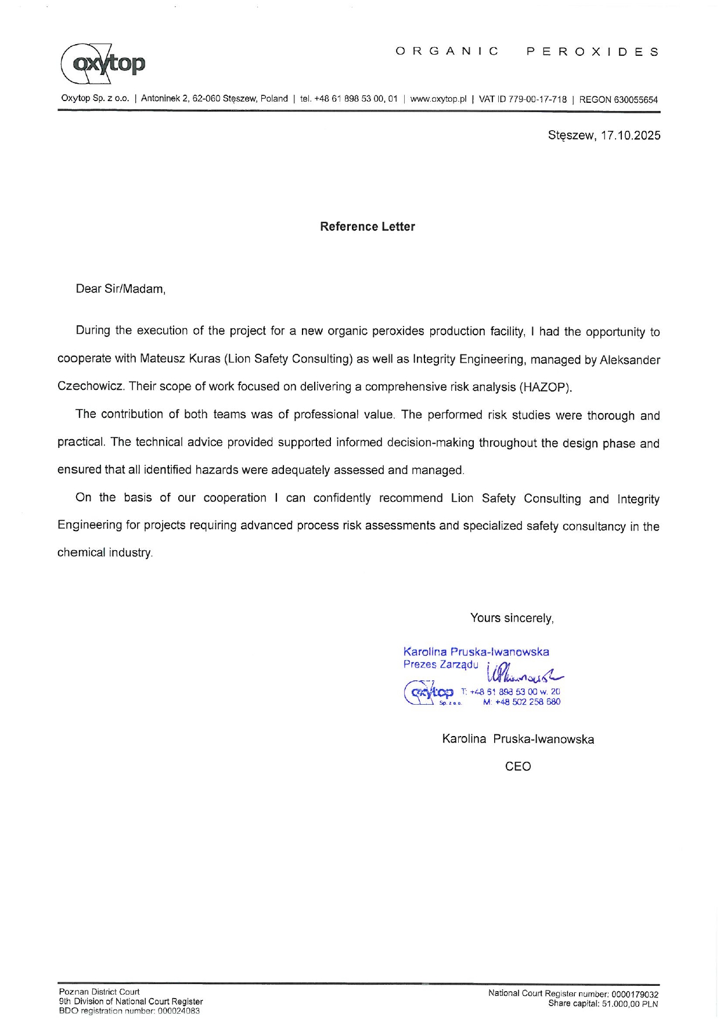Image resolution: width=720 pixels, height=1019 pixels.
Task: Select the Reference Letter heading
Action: click(x=367, y=227)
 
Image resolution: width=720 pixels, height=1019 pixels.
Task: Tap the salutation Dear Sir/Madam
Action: click(x=121, y=289)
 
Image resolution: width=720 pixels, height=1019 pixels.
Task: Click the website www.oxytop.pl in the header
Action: click(x=438, y=99)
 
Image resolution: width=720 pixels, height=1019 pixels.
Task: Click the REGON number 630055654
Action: click(x=635, y=99)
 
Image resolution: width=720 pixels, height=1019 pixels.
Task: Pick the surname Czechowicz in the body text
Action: click(x=91, y=387)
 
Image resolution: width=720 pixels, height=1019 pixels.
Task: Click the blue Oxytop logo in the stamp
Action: click(x=429, y=693)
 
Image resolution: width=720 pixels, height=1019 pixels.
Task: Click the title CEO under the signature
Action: click(x=518, y=766)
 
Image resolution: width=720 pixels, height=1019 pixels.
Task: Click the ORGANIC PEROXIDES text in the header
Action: click(x=527, y=51)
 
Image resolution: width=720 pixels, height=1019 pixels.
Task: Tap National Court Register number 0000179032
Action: click(x=635, y=994)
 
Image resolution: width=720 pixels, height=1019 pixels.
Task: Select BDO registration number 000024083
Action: click(x=177, y=1011)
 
